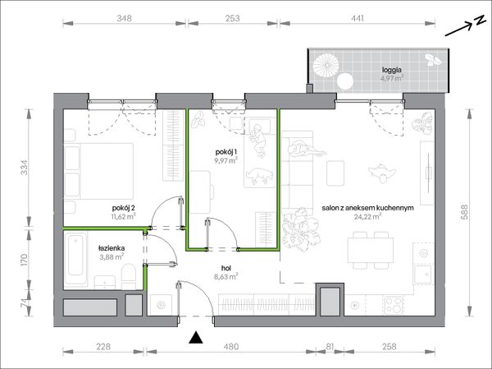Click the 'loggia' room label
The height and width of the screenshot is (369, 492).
tap(392, 70)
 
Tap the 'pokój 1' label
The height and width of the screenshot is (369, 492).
tap(226, 152)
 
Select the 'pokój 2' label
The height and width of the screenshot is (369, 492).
tap(124, 208)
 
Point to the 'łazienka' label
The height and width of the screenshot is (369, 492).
tap(112, 248)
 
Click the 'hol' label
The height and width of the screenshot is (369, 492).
tap(226, 269)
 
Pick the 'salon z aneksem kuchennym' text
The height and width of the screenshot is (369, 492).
tap(367, 208)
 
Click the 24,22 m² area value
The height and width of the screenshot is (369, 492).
tap(367, 216)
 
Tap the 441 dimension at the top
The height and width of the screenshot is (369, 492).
tap(357, 18)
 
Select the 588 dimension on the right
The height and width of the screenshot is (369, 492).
tap(465, 212)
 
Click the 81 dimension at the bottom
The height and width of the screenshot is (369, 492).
tap(330, 347)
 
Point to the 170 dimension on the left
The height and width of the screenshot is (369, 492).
tap(25, 260)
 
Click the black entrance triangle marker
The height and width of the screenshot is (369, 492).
tap(196, 338)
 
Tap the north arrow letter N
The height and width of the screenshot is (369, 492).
tap(479, 21)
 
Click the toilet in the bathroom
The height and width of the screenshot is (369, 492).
tap(129, 276)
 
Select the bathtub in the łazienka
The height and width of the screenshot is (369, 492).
tap(75, 260)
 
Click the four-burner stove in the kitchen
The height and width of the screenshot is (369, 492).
tap(394, 305)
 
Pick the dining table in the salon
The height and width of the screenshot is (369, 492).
tap(371, 251)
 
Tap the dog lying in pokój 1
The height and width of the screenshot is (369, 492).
tap(258, 176)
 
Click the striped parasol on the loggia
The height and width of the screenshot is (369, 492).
tap(326, 64)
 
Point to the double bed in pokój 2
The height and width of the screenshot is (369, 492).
tap(99, 171)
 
